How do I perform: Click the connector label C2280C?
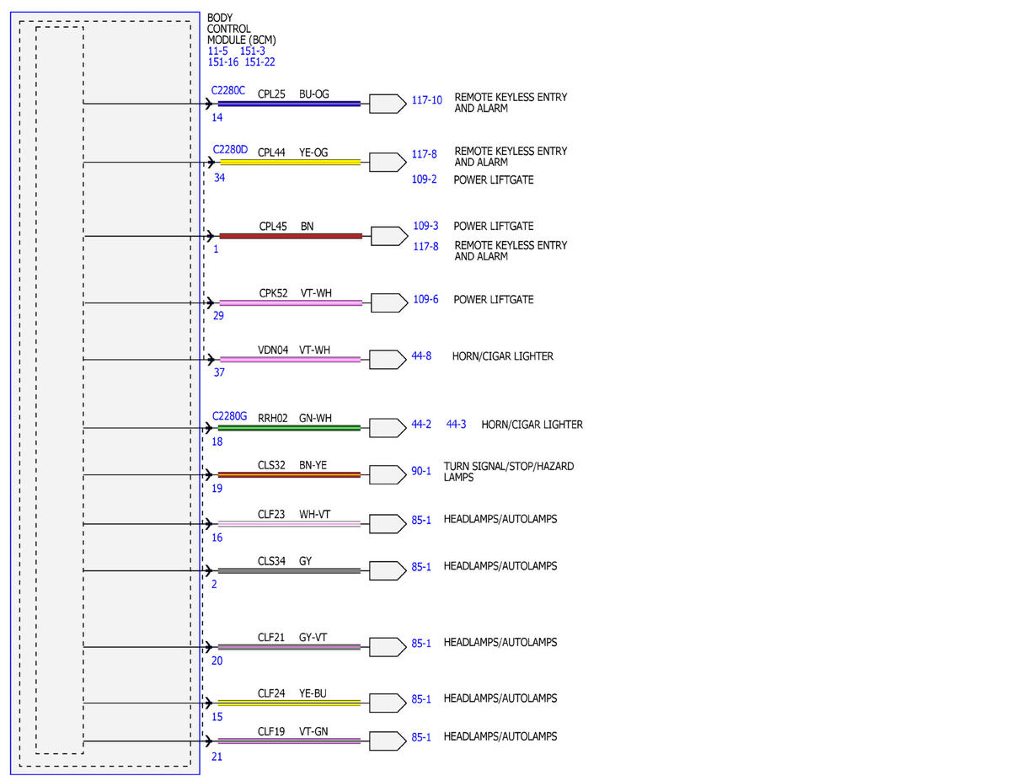pyautogui.click(x=228, y=90)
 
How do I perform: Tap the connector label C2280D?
pyautogui.click(x=230, y=149)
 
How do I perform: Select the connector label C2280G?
pyautogui.click(x=229, y=416)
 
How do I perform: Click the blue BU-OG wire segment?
pyautogui.click(x=289, y=104)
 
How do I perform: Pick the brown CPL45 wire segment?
pyautogui.click(x=291, y=236)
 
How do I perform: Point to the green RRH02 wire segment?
pyautogui.click(x=289, y=428)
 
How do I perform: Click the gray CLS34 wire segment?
pyautogui.click(x=289, y=570)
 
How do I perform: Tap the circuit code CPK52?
pyautogui.click(x=273, y=293)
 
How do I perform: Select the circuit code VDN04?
pyautogui.click(x=273, y=350)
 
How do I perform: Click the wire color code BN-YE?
pyautogui.click(x=313, y=465)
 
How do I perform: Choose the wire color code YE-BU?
pyautogui.click(x=313, y=693)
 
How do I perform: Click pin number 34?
pyautogui.click(x=219, y=178)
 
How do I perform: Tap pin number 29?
pyautogui.click(x=218, y=316)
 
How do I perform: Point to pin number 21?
pyautogui.click(x=217, y=757)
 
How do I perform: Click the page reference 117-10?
pyautogui.click(x=426, y=100)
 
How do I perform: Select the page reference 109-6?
pyautogui.click(x=425, y=299)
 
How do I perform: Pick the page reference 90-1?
pyautogui.click(x=421, y=471)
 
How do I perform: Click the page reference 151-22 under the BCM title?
pyautogui.click(x=259, y=62)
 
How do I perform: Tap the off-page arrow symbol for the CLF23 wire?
pyautogui.click(x=388, y=524)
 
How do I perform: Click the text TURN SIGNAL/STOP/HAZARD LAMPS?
pyautogui.click(x=509, y=472)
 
